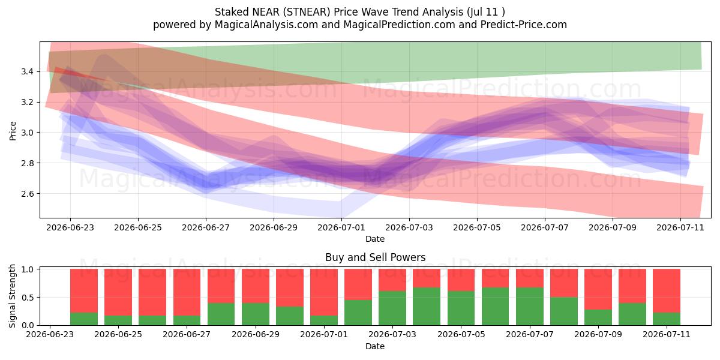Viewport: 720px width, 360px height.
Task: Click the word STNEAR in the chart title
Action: (308, 12)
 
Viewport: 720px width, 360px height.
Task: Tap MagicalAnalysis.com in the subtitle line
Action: (266, 25)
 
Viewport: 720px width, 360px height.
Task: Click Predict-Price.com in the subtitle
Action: (524, 25)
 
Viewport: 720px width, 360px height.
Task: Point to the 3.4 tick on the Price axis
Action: (28, 71)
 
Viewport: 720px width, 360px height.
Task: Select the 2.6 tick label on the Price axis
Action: (28, 194)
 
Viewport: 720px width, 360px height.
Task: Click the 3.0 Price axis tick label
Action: (28, 133)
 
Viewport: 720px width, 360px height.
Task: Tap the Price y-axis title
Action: (13, 131)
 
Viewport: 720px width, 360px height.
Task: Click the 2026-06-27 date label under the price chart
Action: (206, 227)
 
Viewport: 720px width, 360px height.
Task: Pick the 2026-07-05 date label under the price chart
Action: (477, 227)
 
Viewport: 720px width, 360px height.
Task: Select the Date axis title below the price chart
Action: (375, 239)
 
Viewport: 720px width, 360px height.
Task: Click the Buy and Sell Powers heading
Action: (375, 257)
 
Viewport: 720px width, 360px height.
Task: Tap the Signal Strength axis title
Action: (12, 296)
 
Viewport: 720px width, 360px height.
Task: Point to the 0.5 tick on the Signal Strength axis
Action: (28, 298)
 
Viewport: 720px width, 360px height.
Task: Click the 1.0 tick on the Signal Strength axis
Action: (28, 269)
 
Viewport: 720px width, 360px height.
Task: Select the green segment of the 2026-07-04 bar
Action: (427, 307)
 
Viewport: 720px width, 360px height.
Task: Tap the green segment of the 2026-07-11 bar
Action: (667, 319)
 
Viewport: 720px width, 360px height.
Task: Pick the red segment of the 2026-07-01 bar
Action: (324, 292)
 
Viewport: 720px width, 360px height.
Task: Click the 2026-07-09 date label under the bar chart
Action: (598, 335)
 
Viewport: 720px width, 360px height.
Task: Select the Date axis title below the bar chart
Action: (375, 346)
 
